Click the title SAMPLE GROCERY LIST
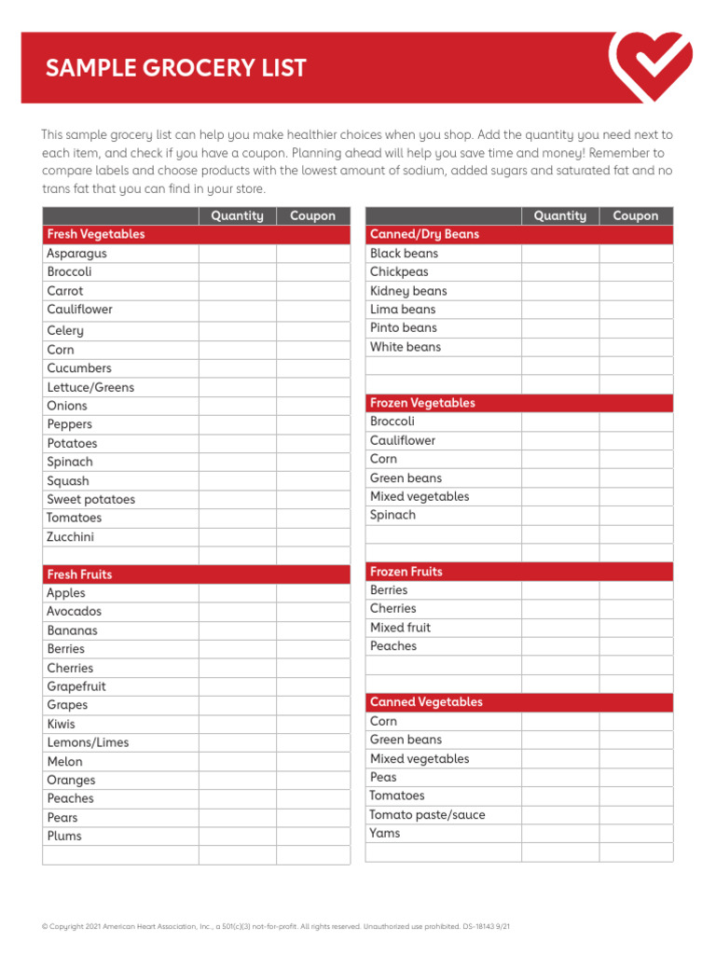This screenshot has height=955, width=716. (176, 68)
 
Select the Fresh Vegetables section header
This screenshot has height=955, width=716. (96, 234)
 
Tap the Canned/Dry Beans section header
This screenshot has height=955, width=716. (424, 234)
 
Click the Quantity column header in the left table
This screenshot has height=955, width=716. (237, 215)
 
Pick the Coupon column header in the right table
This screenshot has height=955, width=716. (635, 215)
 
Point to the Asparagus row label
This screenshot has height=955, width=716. (77, 254)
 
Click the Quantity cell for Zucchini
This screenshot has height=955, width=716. (237, 537)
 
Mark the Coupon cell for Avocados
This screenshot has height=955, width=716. (312, 612)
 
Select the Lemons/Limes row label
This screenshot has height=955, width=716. (89, 742)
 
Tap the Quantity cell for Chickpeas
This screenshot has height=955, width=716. (559, 272)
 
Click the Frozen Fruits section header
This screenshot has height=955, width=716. (406, 571)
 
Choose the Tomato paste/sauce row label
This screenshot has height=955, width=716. (428, 814)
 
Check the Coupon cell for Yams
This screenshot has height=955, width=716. (635, 833)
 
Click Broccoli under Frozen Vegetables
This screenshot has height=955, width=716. (392, 422)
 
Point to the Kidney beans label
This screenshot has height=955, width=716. (408, 291)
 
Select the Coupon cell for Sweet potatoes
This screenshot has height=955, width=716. (312, 500)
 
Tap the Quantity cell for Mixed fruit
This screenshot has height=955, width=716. (559, 628)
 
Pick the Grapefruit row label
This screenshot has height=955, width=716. (76, 686)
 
